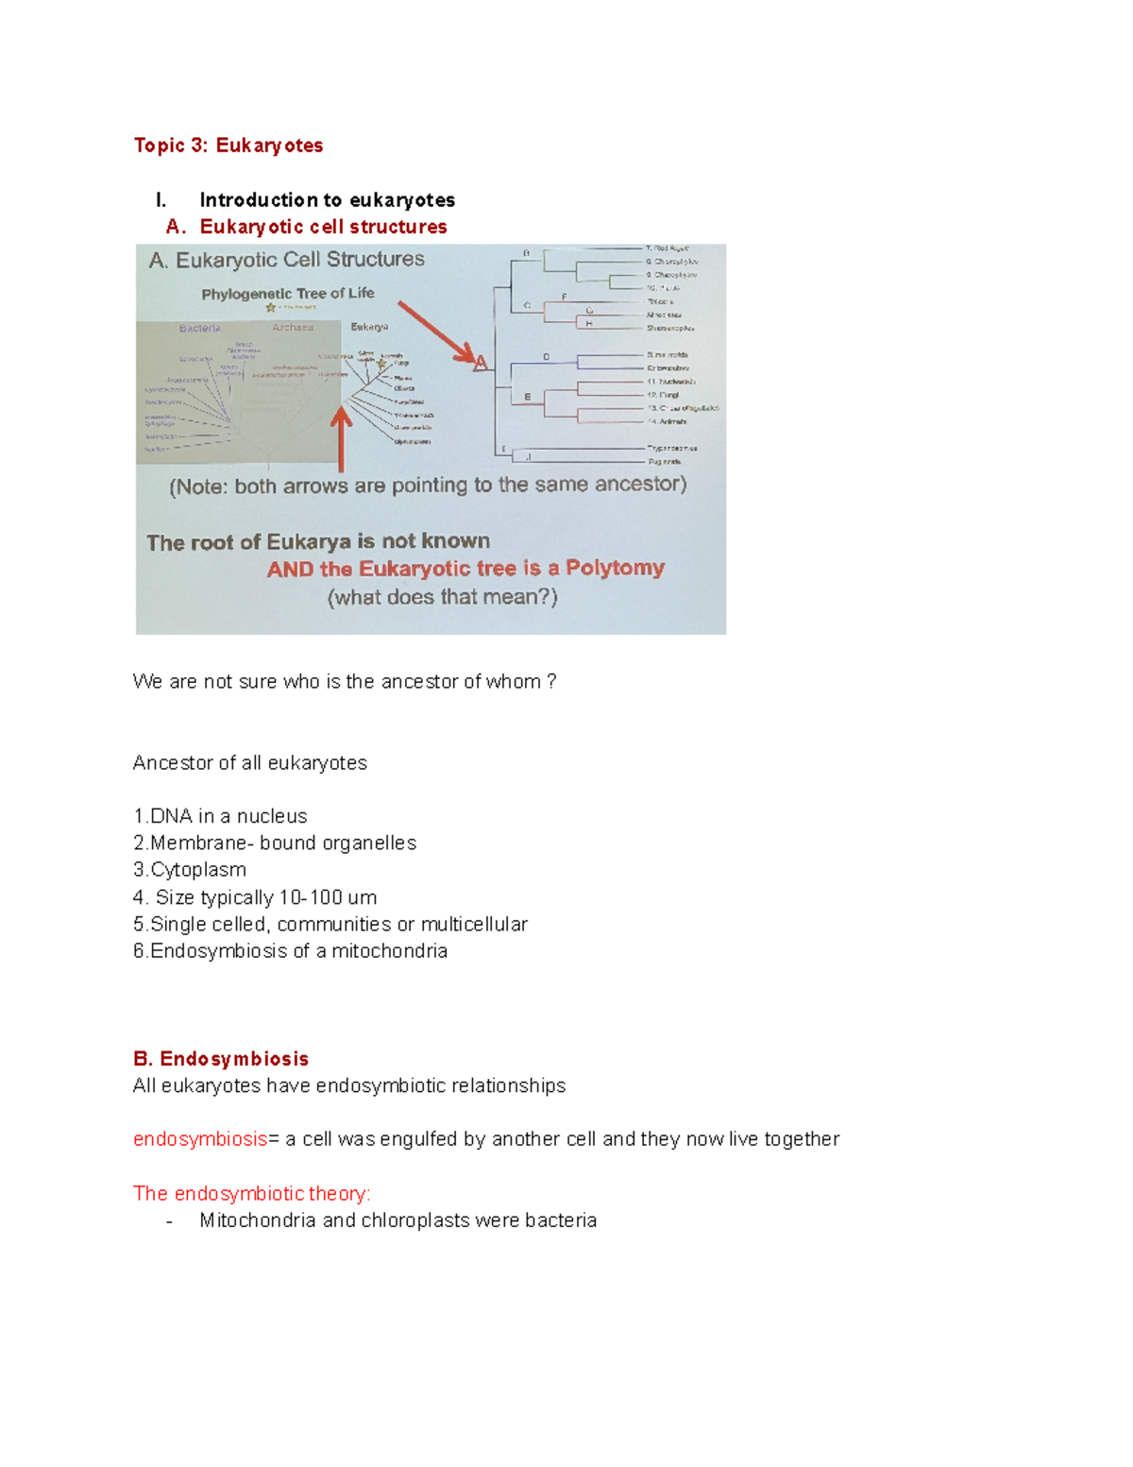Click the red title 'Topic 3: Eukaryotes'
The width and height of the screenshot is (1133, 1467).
(228, 145)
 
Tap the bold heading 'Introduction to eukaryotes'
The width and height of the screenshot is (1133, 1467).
(327, 200)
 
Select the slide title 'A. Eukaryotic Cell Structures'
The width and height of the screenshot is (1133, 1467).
(286, 260)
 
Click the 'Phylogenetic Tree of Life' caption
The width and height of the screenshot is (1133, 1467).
(287, 294)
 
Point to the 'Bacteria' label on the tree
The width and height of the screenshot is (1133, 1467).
(200, 328)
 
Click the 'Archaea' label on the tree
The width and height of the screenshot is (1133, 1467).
(293, 328)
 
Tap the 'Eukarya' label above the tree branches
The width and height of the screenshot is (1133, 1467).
(369, 327)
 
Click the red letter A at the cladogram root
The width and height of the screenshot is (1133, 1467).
(481, 363)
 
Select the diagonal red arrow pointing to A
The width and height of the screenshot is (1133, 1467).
(436, 332)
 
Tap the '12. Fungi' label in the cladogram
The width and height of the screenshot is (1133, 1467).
(663, 395)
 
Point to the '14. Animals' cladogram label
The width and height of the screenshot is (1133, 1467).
(667, 421)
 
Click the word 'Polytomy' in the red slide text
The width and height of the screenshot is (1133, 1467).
(615, 568)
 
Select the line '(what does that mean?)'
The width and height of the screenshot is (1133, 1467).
(442, 597)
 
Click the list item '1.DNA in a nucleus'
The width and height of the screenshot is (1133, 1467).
(220, 816)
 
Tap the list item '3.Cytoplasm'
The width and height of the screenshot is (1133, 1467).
(190, 870)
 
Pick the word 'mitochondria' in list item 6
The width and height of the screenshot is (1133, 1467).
(389, 951)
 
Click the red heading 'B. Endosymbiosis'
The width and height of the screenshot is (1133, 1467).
(221, 1059)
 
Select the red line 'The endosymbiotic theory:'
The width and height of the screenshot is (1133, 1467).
(252, 1194)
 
